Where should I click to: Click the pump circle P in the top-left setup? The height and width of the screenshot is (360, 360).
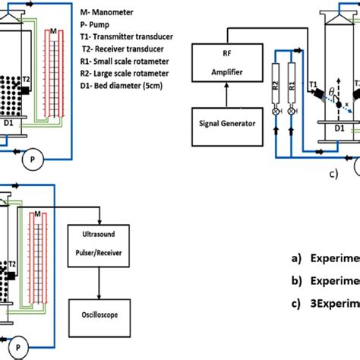click(30, 159)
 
